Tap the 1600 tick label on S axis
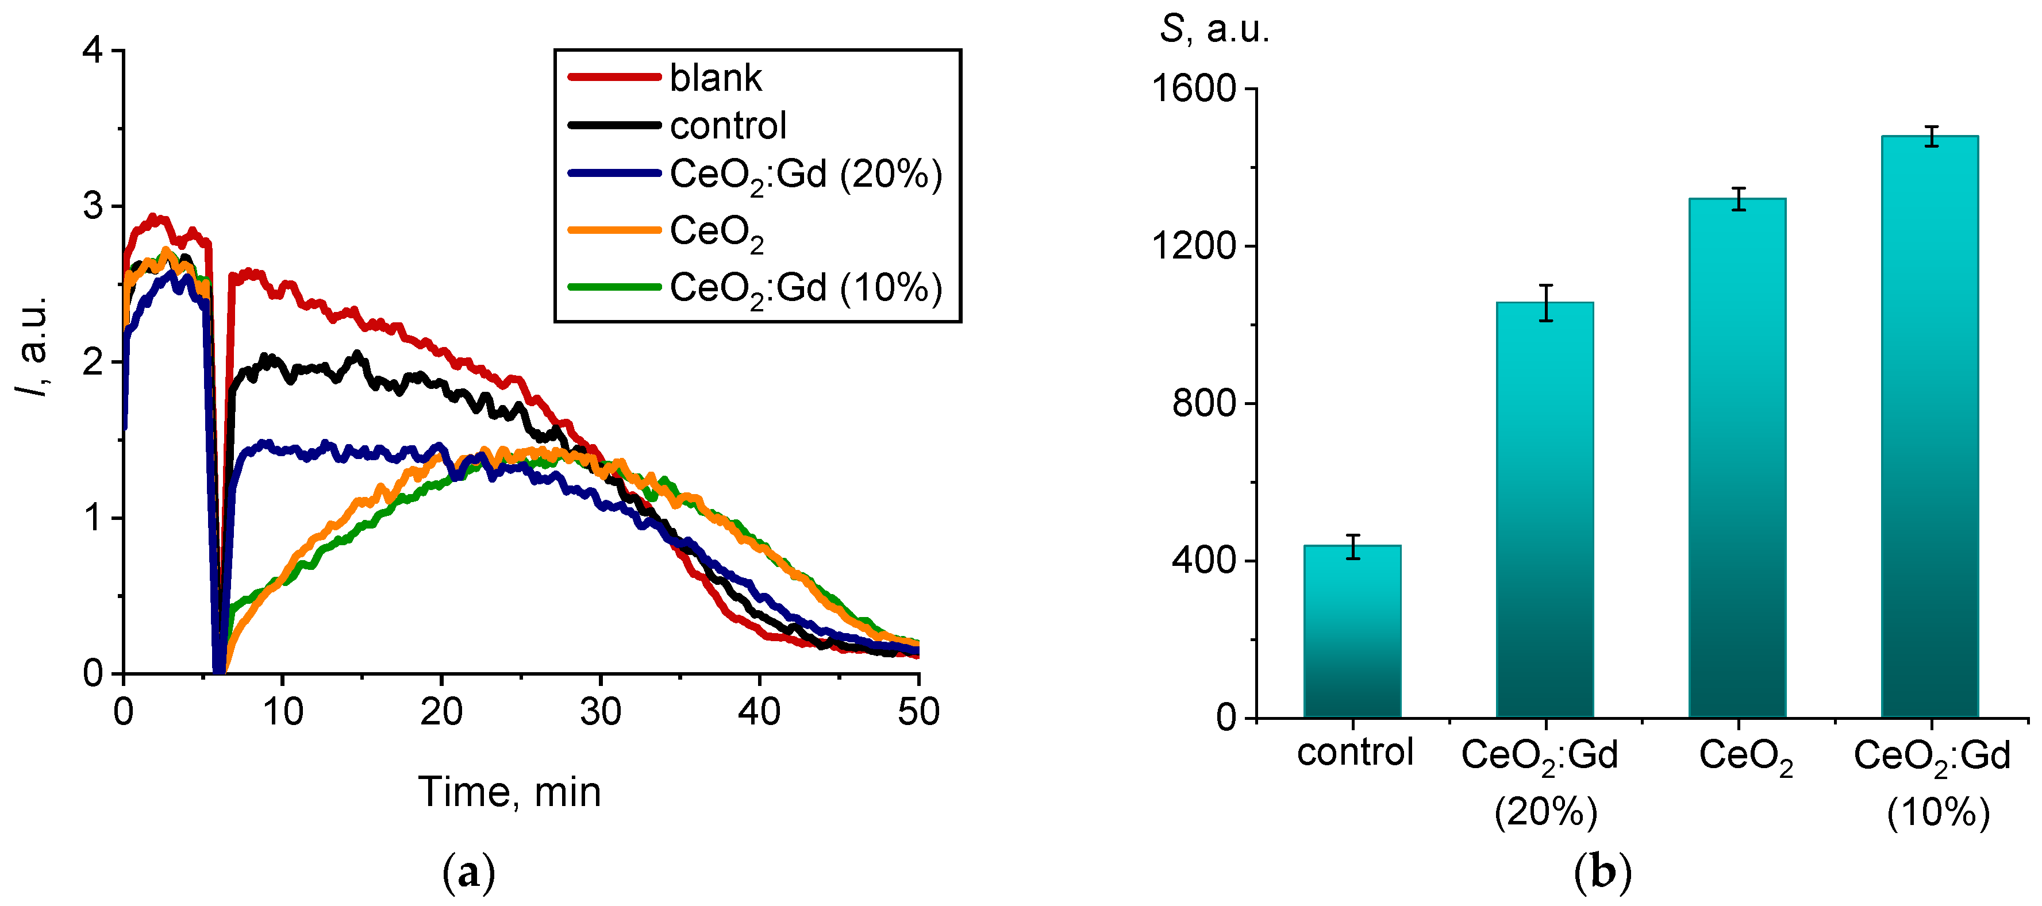(x=1194, y=88)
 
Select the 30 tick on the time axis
(x=600, y=712)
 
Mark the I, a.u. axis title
(x=33, y=346)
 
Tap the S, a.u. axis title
(x=1214, y=29)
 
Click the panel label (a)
(x=468, y=873)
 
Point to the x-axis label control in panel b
(x=1355, y=751)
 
